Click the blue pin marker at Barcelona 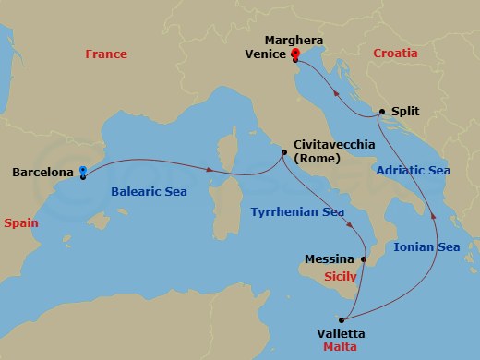83,172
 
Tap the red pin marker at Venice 295,55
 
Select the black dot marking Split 380,112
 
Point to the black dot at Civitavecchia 285,153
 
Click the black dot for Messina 364,260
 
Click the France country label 105,54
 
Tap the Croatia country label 395,54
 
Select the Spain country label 21,222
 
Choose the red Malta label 341,347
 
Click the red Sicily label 342,276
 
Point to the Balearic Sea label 148,193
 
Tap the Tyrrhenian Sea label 297,212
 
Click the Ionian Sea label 426,246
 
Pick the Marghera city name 294,40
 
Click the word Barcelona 43,172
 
